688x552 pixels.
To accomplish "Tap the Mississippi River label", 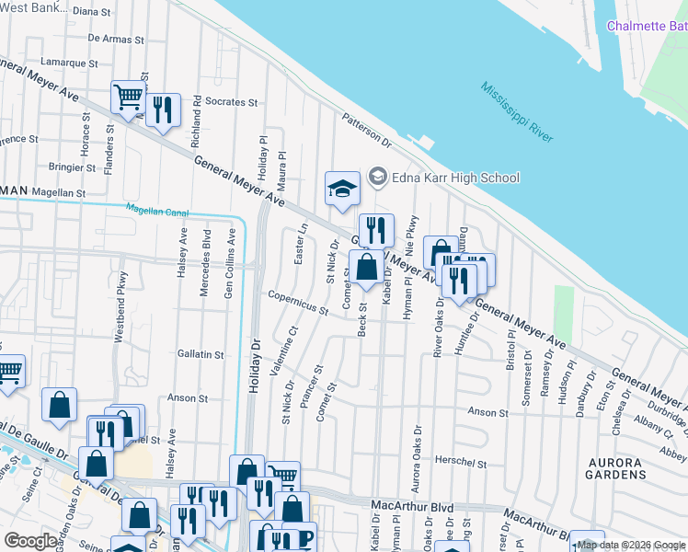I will coord(516,111).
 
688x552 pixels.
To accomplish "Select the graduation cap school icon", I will coord(341,189).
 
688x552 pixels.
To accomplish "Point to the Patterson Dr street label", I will coord(366,131).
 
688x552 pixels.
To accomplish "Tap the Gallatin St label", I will coord(201,354).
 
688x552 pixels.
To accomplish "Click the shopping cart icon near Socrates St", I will coord(128,97).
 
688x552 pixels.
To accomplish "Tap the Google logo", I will coord(31,540).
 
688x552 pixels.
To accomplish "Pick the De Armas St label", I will coord(116,40).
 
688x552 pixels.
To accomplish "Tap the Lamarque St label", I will coord(68,63).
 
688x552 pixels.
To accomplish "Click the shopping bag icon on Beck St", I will coord(366,268).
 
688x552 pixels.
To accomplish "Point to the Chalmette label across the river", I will coord(646,26).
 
